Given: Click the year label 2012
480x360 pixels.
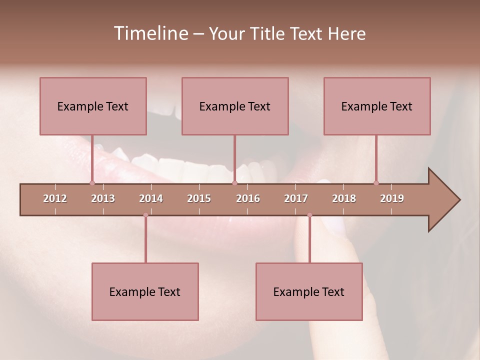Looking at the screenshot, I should tap(55, 198).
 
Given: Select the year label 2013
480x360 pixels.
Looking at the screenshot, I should tap(103, 198).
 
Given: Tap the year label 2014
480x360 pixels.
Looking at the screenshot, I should tap(151, 198).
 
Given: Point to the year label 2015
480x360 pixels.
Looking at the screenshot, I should tap(199, 198).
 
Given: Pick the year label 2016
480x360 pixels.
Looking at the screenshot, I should tap(248, 198).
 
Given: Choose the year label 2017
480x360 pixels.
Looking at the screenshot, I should tap(296, 198).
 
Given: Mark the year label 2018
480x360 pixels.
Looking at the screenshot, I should tap(344, 198).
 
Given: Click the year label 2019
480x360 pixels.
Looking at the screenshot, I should tap(392, 198).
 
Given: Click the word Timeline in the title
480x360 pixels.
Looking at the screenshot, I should tap(150, 33).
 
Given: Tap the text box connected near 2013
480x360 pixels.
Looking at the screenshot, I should tap(93, 106).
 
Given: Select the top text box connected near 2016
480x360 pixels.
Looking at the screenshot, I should tap(235, 106).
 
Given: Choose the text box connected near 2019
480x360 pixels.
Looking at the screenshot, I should tap(377, 106).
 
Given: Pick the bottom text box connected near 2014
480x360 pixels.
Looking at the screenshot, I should tap(145, 291).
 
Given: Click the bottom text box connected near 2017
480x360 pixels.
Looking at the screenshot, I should tap(309, 291).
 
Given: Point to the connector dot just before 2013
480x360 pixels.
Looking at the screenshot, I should tap(92, 183).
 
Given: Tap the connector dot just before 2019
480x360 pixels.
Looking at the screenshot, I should tap(376, 183).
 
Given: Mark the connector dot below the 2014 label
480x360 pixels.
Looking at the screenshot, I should tap(145, 215).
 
